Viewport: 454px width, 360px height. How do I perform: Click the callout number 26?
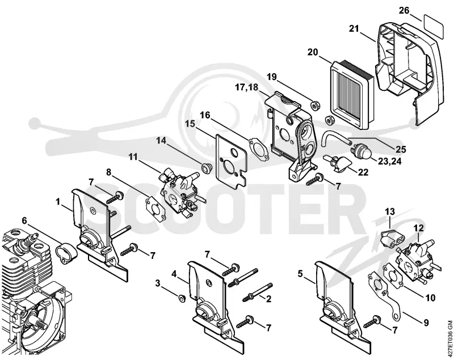coord(404,10)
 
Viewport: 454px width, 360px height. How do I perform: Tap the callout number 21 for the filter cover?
coord(354,29)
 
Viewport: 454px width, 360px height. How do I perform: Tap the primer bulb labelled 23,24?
coord(360,150)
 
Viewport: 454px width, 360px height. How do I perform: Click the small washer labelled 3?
coord(182,298)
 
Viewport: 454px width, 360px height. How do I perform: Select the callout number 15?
coord(191,124)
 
